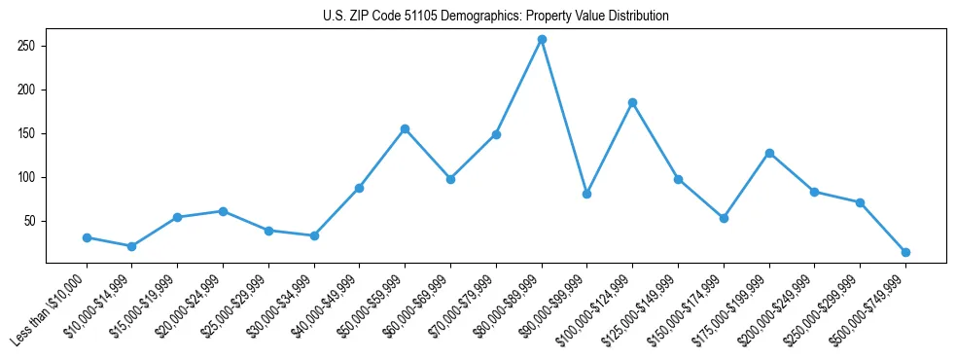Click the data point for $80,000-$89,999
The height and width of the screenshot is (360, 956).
coord(542,39)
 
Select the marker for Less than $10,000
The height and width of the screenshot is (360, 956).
coord(87,237)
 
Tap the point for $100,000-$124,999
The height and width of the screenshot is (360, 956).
coord(633,102)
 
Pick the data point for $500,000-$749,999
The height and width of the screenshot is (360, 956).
coord(905,252)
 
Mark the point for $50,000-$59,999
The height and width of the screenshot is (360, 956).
coord(405,128)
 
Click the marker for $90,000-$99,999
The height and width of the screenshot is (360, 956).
coord(587,194)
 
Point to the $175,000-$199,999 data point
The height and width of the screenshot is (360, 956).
coord(769,153)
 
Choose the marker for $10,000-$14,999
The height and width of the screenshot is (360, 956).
coord(131,246)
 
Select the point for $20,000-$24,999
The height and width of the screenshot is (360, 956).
coord(223,211)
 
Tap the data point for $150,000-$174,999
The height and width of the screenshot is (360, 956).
coord(724,218)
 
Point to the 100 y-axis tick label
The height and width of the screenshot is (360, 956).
coord(26,177)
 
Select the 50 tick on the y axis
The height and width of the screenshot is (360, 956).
coord(29,221)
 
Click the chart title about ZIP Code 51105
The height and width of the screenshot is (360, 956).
coord(495,17)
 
